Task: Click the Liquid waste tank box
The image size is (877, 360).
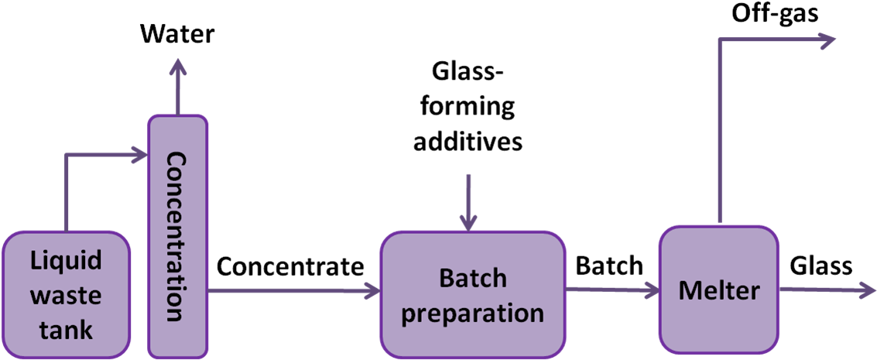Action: (66, 294)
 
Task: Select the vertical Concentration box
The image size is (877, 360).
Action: (178, 236)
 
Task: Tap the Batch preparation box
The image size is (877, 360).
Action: (473, 294)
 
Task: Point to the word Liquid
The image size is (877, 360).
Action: (66, 261)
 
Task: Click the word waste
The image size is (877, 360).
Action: (66, 296)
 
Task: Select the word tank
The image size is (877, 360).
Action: (66, 330)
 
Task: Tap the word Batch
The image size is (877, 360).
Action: (473, 278)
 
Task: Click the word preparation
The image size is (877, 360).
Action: (473, 313)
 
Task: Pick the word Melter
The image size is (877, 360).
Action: (718, 291)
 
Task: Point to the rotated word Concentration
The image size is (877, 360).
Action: (177, 236)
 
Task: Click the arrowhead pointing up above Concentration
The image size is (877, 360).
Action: (178, 66)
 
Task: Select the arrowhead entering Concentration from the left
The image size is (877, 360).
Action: (140, 156)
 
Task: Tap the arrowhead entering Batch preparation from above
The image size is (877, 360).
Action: (468, 223)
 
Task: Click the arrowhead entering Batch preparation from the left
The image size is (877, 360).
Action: (372, 291)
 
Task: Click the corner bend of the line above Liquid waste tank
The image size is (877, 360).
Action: (66, 156)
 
